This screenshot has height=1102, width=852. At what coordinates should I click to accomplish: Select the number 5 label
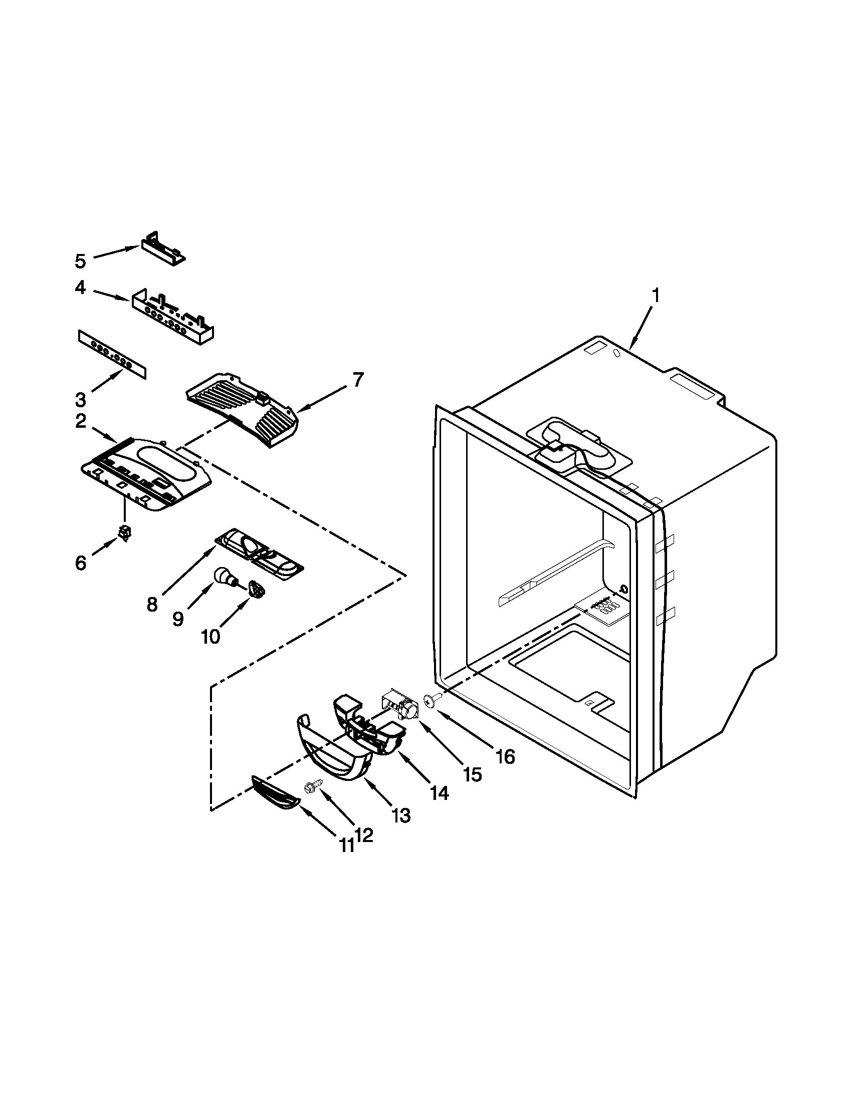tap(81, 261)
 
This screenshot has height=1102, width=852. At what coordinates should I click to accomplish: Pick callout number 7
tap(357, 380)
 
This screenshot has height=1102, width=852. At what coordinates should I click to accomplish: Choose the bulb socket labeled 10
tap(257, 589)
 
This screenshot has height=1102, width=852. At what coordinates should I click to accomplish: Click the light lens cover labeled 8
tap(260, 554)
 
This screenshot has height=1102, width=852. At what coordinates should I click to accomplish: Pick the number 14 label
tap(439, 793)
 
